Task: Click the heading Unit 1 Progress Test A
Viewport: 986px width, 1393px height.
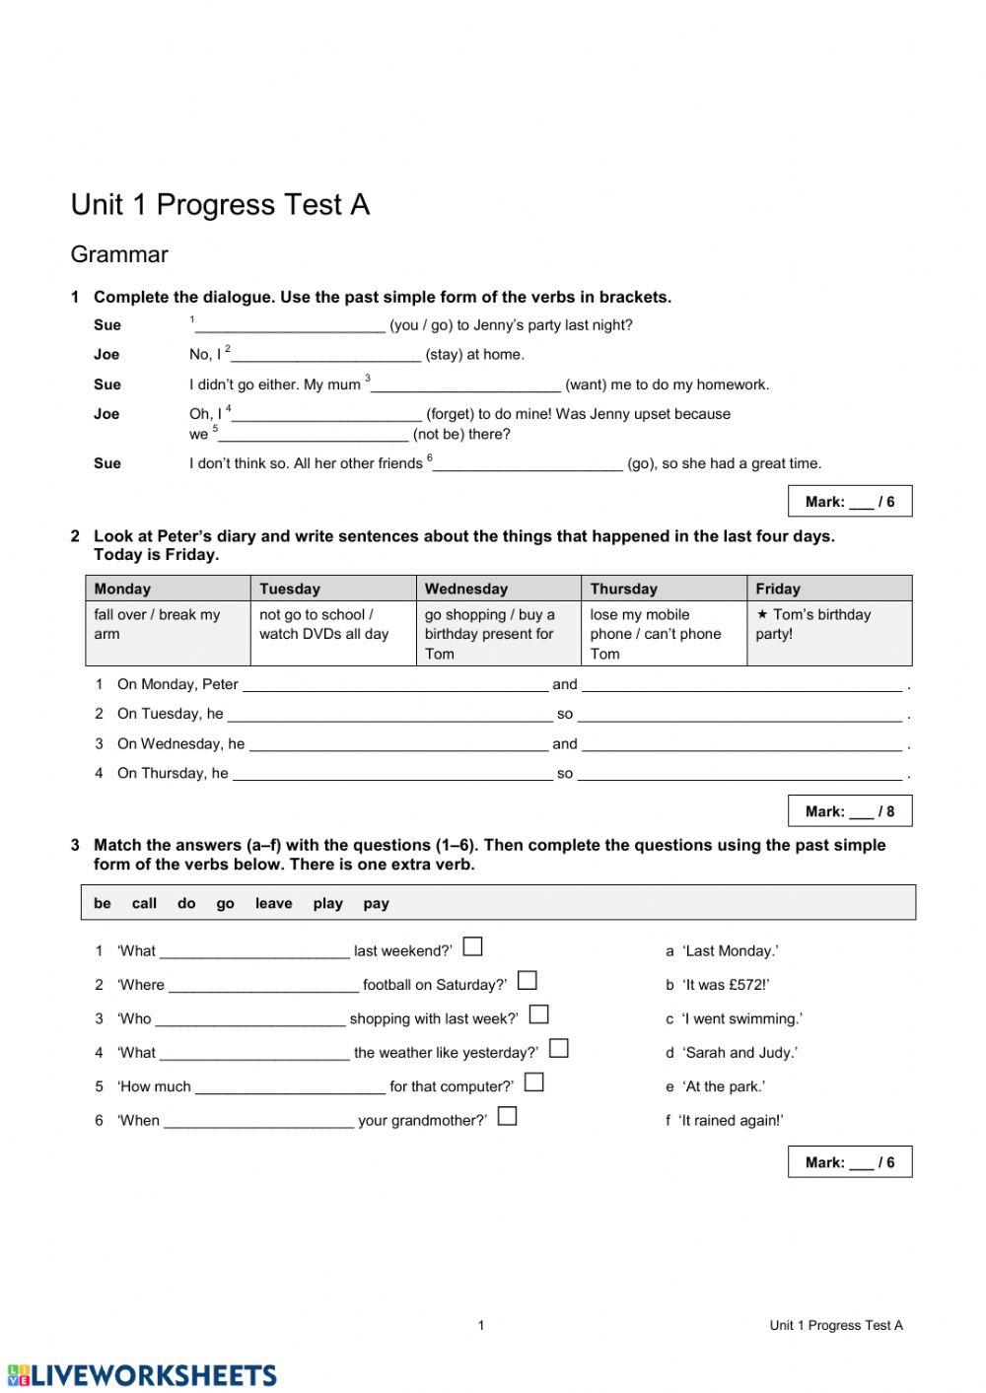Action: pyautogui.click(x=220, y=205)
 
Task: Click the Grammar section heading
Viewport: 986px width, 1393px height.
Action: pyautogui.click(x=119, y=254)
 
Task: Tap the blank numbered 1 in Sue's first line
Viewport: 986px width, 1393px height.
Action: pyautogui.click(x=290, y=326)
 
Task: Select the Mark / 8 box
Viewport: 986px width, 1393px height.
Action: pyautogui.click(x=849, y=811)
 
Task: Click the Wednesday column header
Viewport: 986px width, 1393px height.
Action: pyautogui.click(x=466, y=589)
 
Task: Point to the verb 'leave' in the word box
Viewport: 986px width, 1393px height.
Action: pyautogui.click(x=273, y=903)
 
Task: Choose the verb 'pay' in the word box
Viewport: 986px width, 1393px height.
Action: pyautogui.click(x=376, y=903)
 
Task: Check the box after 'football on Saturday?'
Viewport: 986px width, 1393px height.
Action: pyautogui.click(x=528, y=980)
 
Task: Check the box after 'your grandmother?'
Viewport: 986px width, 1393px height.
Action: pyautogui.click(x=507, y=1116)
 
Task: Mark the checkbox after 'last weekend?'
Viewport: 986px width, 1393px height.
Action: pyautogui.click(x=473, y=946)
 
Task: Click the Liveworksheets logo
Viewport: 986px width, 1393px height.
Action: pyautogui.click(x=143, y=1374)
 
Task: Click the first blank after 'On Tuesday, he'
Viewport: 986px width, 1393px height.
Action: pyautogui.click(x=389, y=715)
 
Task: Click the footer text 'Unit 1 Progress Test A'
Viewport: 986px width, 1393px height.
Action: pyautogui.click(x=835, y=1325)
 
